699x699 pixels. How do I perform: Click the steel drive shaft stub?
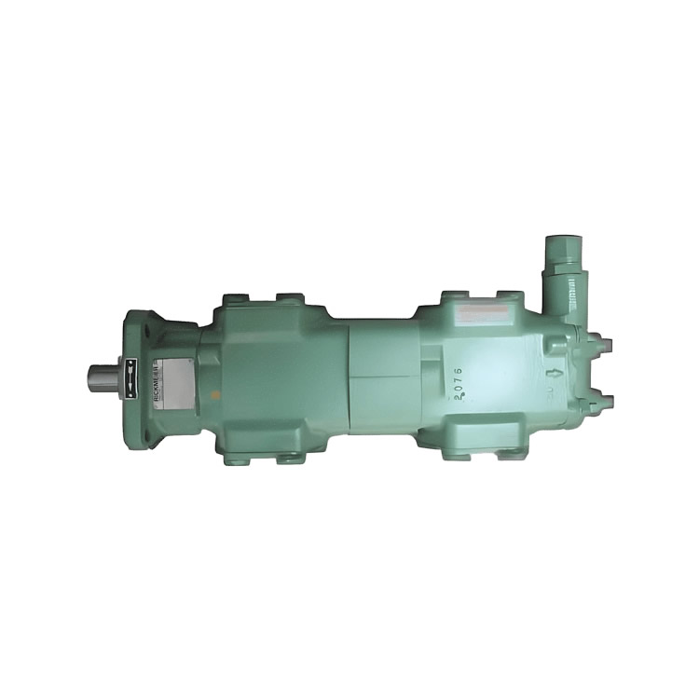103,377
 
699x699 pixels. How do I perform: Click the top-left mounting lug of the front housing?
235,302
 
